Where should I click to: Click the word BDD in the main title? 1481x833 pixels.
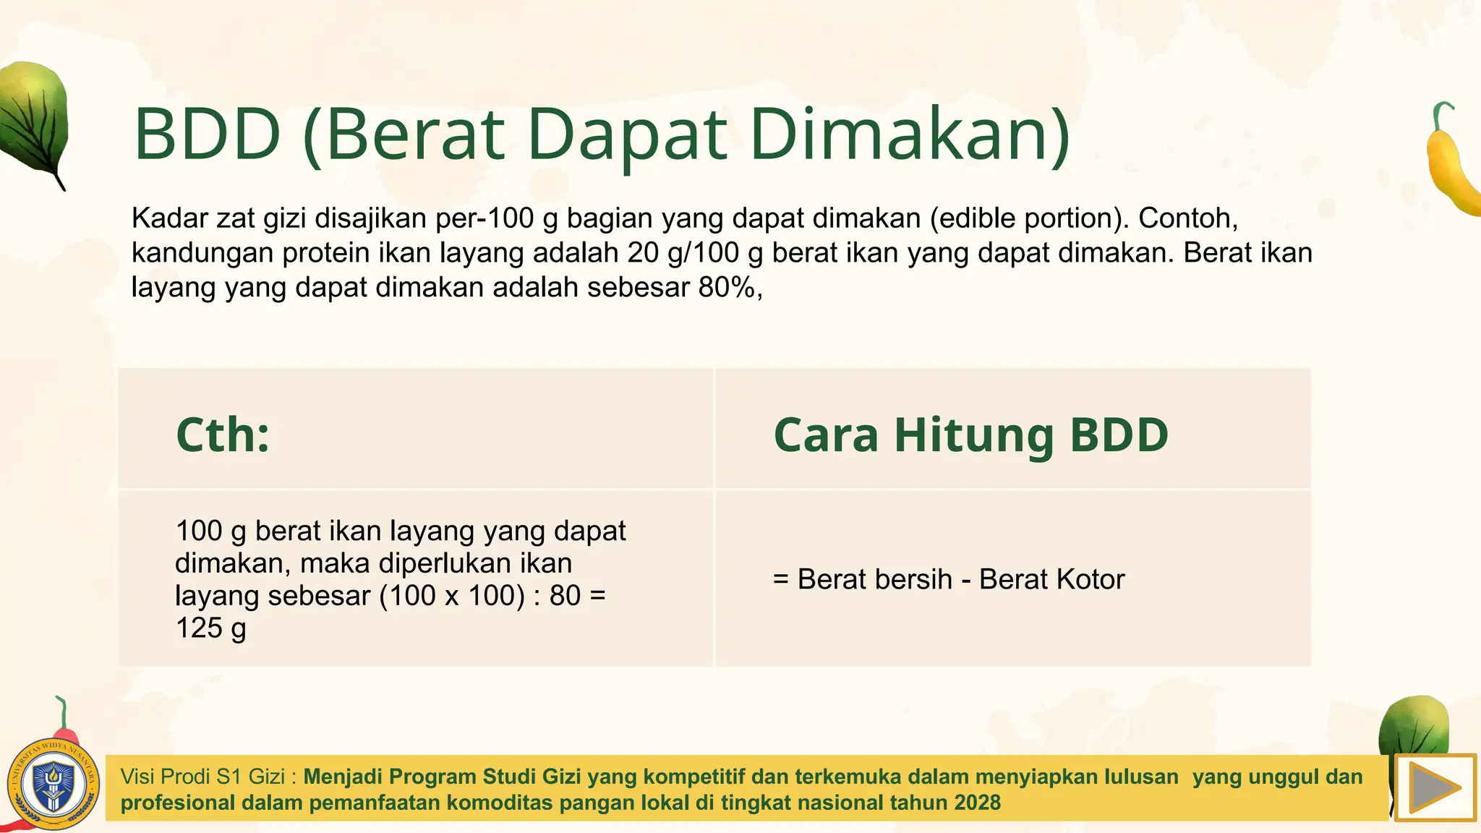tap(208, 134)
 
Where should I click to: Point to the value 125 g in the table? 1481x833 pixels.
tap(211, 628)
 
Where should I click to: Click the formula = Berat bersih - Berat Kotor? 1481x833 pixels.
tap(949, 579)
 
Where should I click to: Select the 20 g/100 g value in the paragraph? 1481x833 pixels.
tap(695, 253)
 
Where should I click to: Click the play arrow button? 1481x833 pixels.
tap(1435, 787)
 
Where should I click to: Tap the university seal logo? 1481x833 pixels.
tap(54, 785)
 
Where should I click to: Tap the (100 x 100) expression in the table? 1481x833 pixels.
tap(452, 596)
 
